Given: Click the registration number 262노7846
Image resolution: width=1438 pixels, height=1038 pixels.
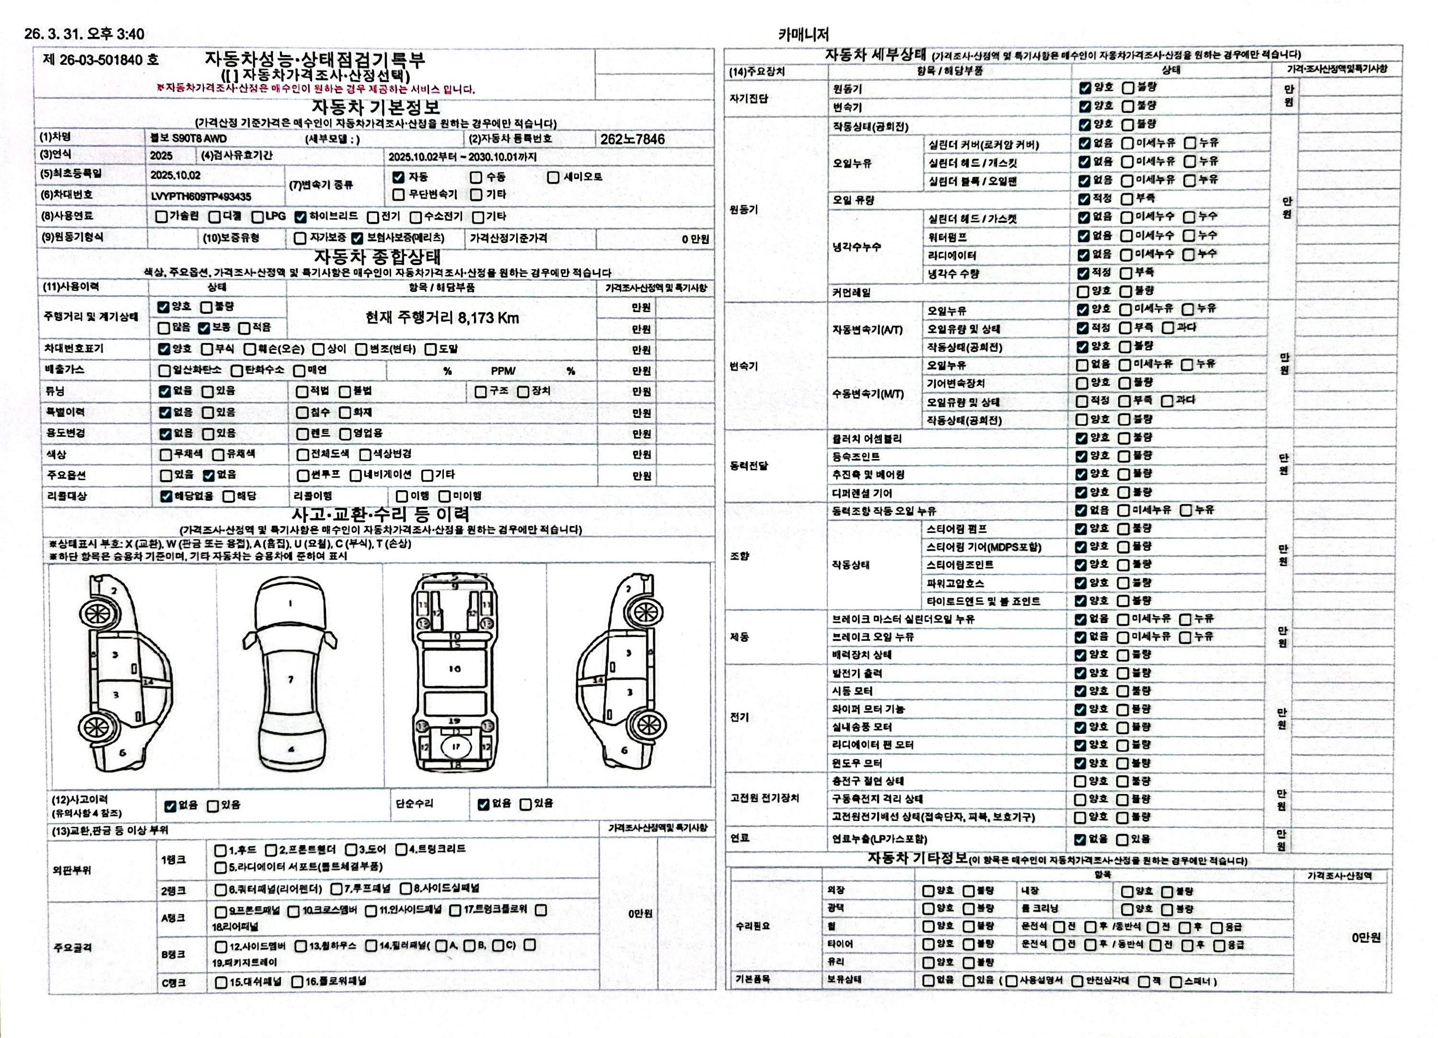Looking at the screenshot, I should click(x=632, y=139).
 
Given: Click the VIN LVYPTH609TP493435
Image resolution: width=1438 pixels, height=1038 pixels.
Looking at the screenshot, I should click(x=201, y=196).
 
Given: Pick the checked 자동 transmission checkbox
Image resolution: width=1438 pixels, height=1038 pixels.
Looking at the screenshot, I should click(x=398, y=177).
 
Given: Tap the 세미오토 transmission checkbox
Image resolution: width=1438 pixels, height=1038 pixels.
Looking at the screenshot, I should click(x=554, y=177).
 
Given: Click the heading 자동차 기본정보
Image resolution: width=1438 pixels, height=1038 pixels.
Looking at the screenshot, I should click(x=376, y=107).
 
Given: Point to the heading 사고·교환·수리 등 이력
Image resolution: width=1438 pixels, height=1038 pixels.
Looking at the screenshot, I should click(x=381, y=514).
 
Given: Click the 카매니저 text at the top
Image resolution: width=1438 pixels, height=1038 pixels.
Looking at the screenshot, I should click(x=803, y=34).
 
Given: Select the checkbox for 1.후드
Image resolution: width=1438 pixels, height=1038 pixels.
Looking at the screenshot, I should click(x=220, y=850).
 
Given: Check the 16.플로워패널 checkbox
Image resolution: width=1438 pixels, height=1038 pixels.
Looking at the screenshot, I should click(x=297, y=982).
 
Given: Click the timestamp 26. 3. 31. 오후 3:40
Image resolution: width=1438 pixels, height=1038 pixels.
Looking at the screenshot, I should click(x=84, y=34).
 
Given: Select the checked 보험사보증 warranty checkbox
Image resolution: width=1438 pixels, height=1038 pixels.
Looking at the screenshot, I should click(x=357, y=239).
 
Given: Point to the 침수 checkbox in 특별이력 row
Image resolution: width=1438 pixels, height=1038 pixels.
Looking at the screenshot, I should click(x=302, y=413).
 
